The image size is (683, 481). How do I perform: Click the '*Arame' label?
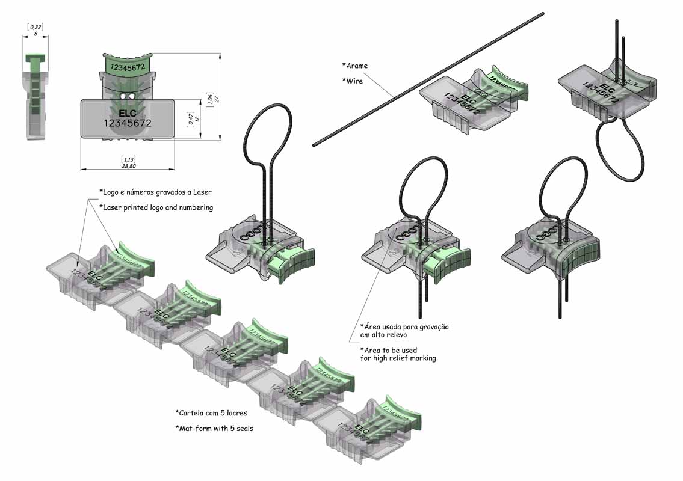pyautogui.click(x=355, y=66)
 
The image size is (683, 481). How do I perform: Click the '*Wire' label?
pyautogui.click(x=353, y=81)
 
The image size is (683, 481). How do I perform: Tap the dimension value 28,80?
pyautogui.click(x=128, y=165)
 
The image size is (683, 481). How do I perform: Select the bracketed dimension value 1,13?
pyautogui.click(x=128, y=158)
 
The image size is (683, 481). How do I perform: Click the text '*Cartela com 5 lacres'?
pyautogui.click(x=211, y=413)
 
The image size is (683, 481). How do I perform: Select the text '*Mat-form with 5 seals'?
pyautogui.click(x=214, y=428)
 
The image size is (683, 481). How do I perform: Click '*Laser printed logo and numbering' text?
pyautogui.click(x=156, y=207)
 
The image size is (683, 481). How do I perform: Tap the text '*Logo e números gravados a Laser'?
pyautogui.click(x=155, y=192)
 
